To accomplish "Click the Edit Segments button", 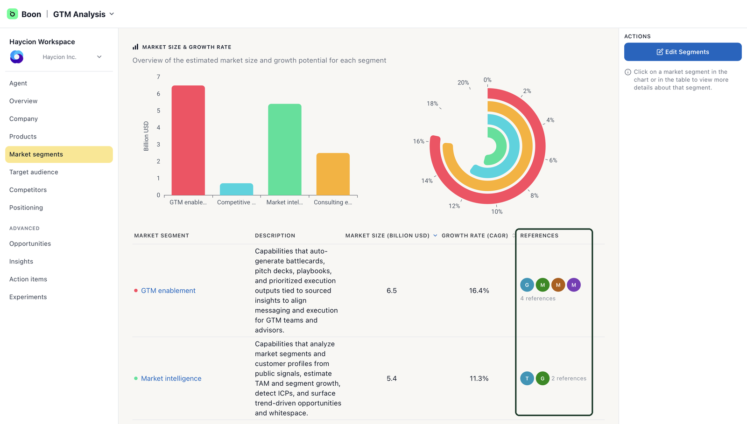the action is (x=683, y=52).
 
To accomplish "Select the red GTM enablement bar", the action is (x=188, y=140).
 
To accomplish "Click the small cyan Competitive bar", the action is (x=236, y=189).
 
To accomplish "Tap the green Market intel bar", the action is (x=284, y=150).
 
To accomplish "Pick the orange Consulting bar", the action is (x=333, y=174).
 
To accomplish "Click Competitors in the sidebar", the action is (x=28, y=190).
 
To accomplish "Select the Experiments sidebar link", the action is (x=28, y=297).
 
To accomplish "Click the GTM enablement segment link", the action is (x=168, y=291).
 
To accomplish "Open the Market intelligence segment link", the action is (x=171, y=378).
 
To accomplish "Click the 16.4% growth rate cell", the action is (x=479, y=291).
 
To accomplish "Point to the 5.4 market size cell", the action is (x=392, y=378).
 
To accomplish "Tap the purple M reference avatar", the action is (x=574, y=285).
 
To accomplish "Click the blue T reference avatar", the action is (x=527, y=378).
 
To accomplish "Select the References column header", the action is (x=539, y=236).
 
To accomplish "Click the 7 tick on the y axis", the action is (x=158, y=77).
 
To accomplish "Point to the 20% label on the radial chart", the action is (x=463, y=83).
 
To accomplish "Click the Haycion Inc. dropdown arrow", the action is (x=99, y=57).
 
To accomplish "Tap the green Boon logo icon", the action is (x=12, y=14).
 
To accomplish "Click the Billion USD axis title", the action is (x=146, y=136).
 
